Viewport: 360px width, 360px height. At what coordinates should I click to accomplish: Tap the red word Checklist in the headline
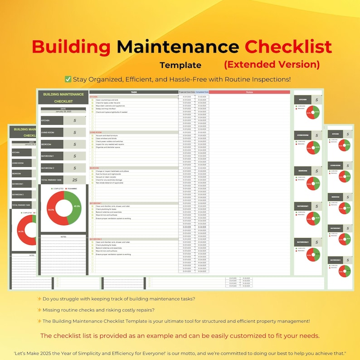(x=288, y=46)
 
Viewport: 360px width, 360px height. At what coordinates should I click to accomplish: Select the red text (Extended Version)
(x=272, y=64)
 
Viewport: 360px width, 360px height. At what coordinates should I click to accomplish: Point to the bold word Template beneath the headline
(x=180, y=65)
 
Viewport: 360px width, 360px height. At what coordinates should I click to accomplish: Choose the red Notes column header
(x=249, y=92)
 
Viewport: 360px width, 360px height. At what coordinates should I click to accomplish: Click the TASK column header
(x=134, y=92)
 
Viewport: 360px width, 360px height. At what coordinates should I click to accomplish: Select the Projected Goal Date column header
(x=186, y=92)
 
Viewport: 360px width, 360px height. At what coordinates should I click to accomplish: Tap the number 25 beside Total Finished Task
(x=74, y=180)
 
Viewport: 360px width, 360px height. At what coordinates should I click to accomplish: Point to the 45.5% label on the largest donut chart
(x=77, y=206)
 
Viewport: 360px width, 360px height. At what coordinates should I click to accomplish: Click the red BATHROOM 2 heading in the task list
(x=96, y=239)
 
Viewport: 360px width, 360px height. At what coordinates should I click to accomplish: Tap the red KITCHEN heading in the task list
(x=93, y=97)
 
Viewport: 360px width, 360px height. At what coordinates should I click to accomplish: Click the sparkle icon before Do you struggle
(x=39, y=298)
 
